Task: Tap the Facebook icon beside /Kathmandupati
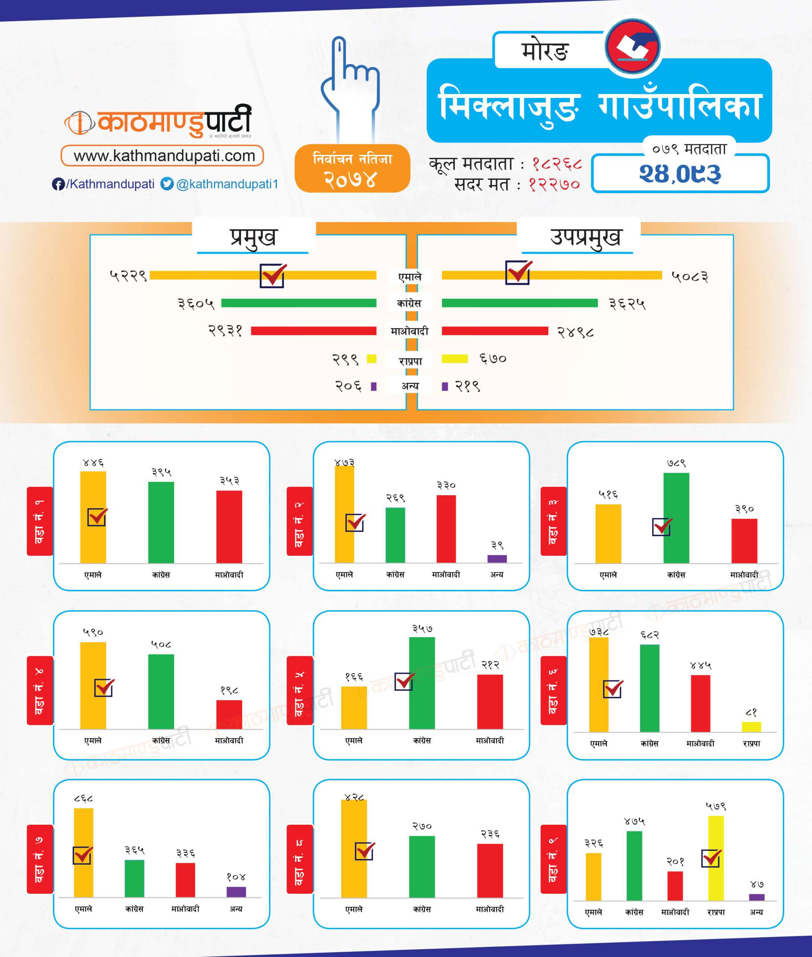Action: coord(58,184)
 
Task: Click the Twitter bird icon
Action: coord(167,184)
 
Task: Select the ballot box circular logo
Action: coord(633,46)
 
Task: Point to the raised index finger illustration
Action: coord(350,87)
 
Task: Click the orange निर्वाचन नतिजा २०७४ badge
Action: coord(352,169)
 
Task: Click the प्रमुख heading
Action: coord(253,237)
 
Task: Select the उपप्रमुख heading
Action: coord(585,237)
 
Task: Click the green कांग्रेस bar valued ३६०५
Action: coord(299,303)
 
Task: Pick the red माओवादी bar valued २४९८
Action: coord(495,331)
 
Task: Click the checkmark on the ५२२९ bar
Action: coord(272,276)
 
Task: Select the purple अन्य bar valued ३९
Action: coord(497,558)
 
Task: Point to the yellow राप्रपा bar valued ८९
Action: coord(751,727)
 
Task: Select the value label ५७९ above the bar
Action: coord(716,806)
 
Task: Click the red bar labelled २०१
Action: coord(675,885)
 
